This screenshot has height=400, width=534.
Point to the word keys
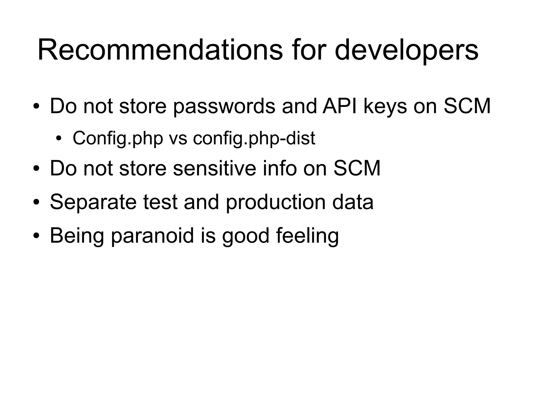385,107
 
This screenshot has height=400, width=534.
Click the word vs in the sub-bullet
178,138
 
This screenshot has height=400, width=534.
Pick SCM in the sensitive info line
357,168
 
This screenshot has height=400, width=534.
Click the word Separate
93,202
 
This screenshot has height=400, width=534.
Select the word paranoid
153,236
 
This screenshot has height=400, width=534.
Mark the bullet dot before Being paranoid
36,236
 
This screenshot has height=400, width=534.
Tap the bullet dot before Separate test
36,202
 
